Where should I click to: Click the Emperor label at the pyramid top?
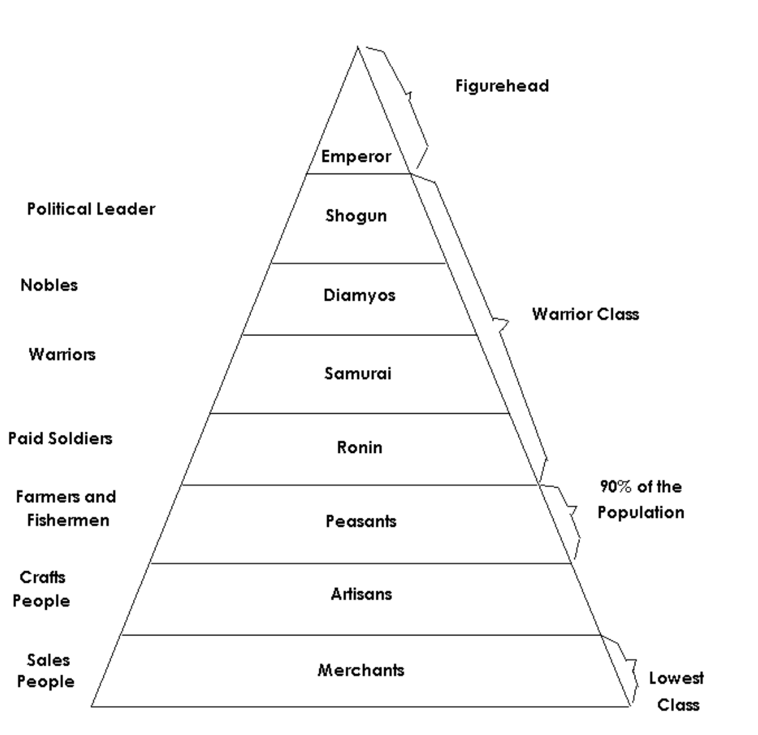point(356,156)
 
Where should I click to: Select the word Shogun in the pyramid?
point(356,215)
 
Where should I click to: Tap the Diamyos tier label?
point(359,296)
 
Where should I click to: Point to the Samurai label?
point(358,373)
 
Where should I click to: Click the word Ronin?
point(359,447)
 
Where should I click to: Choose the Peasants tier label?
point(360,521)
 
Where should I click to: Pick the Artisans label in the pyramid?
point(361,594)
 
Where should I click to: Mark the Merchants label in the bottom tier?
point(360,670)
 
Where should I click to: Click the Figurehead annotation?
point(502,86)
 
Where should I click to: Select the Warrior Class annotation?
point(585,314)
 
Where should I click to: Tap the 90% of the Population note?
point(640,500)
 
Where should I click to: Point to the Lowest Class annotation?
point(676,691)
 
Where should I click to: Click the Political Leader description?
point(91,209)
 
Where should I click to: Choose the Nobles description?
point(49,285)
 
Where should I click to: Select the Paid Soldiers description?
point(60,438)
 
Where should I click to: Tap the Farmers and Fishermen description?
point(66,508)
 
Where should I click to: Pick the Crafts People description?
point(42,589)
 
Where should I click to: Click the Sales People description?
point(46,670)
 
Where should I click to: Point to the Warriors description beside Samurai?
point(62,354)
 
